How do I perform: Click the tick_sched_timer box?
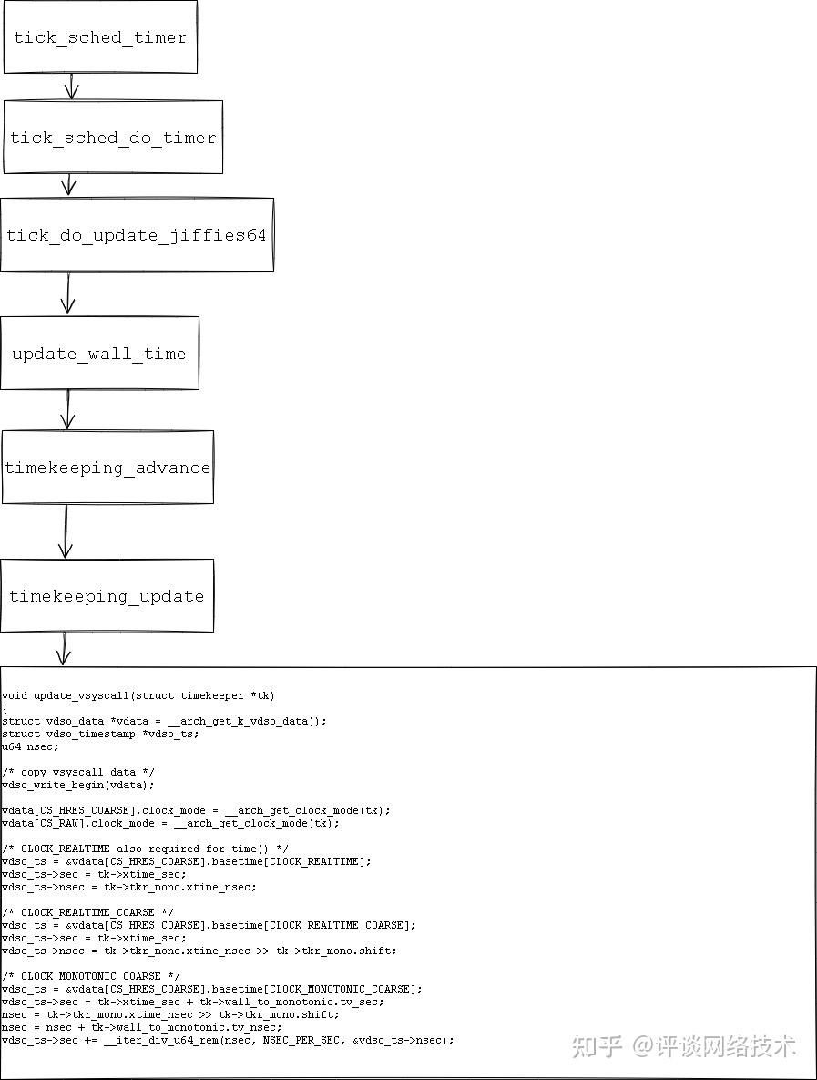(x=100, y=37)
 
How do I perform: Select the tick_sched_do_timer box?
(x=113, y=138)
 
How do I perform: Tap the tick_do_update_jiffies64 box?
(x=137, y=235)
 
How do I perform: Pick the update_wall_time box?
(x=99, y=354)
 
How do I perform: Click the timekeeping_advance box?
(x=107, y=468)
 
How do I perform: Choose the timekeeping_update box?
(x=107, y=596)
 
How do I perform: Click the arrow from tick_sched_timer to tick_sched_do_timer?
(x=71, y=87)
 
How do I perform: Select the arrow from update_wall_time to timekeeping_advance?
(x=67, y=409)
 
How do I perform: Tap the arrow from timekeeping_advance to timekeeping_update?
(x=66, y=530)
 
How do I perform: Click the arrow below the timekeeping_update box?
(x=63, y=648)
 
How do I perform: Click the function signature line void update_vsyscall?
(x=138, y=695)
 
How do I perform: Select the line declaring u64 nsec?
(x=30, y=746)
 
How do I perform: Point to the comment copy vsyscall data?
(x=78, y=772)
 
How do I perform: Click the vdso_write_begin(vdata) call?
(x=78, y=785)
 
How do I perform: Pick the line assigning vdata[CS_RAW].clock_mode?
(x=170, y=823)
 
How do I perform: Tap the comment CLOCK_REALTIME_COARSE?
(x=87, y=912)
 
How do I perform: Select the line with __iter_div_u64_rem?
(x=228, y=1040)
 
